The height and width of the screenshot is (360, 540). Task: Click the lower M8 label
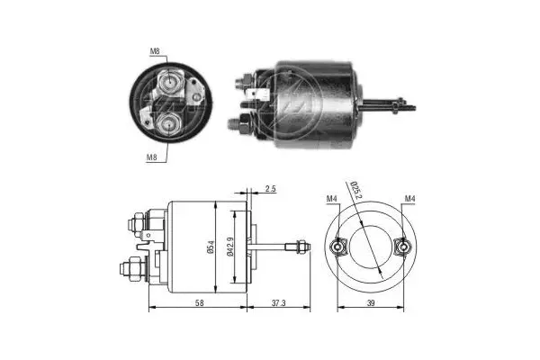pos(153,158)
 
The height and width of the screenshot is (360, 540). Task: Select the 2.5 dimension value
pos(271,190)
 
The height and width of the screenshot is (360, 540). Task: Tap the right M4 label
pos(409,199)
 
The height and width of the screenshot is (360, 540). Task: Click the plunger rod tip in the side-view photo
pos(412,107)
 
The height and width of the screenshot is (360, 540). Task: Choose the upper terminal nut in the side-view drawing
pos(135,220)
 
